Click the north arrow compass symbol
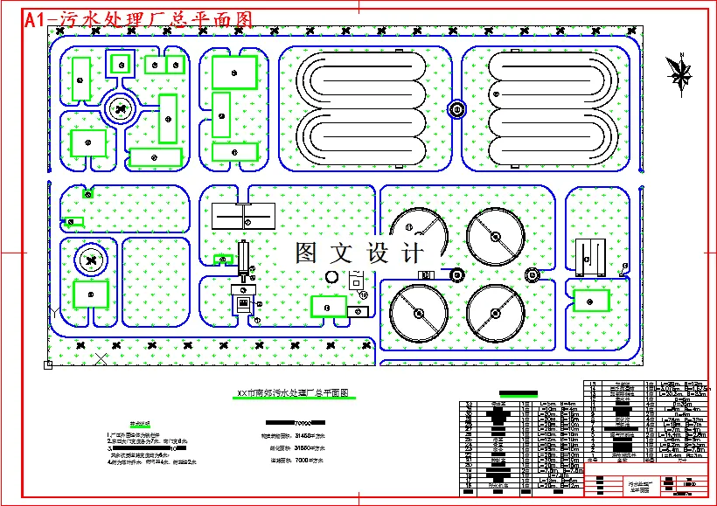tap(679, 71)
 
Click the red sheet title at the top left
tap(138, 20)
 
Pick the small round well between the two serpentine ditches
tap(456, 109)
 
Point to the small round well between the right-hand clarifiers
tap(532, 276)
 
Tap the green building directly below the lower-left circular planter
tap(90, 294)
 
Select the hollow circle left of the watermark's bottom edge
tap(331, 276)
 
